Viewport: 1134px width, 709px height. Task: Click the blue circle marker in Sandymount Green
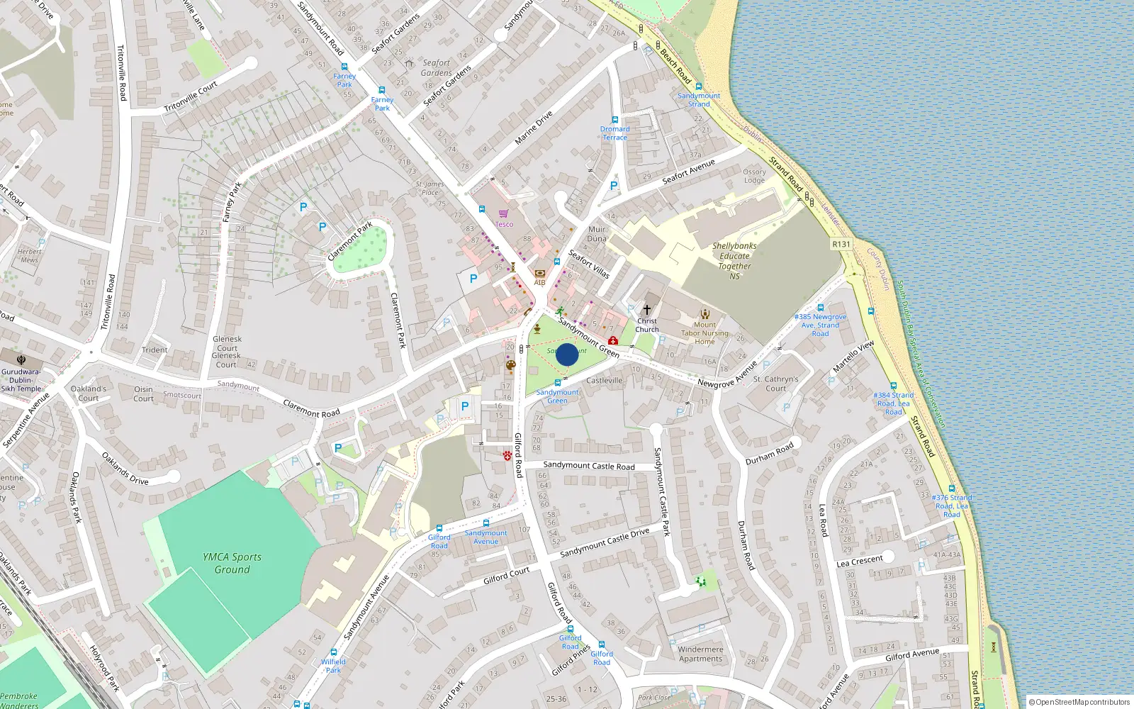(567, 354)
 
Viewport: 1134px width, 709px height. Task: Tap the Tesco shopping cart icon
(503, 213)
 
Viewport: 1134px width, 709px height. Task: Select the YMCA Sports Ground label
(232, 563)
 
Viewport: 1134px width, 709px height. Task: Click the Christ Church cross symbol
(646, 310)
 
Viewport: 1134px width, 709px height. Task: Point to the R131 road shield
(841, 244)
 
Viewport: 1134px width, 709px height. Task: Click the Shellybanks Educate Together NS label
(734, 261)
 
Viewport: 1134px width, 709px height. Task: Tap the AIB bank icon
(540, 273)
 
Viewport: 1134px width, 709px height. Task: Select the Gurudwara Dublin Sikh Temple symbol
(21, 360)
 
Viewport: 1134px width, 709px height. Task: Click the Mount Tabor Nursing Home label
(704, 333)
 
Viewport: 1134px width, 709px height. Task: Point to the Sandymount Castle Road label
(589, 466)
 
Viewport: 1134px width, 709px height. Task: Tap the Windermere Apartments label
(700, 654)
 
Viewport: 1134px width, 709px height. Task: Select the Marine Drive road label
(533, 128)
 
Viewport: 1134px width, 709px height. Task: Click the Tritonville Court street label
(191, 97)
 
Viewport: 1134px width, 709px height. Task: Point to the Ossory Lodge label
(754, 176)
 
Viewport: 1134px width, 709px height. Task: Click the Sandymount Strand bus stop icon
(699, 86)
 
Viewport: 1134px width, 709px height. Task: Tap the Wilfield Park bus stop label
(333, 666)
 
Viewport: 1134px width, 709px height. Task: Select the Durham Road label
(769, 454)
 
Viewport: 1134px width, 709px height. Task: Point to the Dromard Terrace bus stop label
(614, 133)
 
